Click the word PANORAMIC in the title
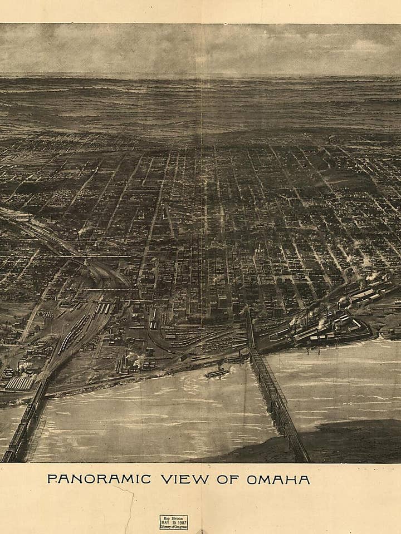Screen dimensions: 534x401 tap(99, 479)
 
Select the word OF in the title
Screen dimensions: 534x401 tap(228, 479)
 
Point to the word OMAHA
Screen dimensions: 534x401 tap(278, 479)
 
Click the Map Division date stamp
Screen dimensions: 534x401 tap(174, 522)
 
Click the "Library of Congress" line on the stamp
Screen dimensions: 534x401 tap(174, 527)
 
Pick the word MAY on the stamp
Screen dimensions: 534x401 tap(165, 522)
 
